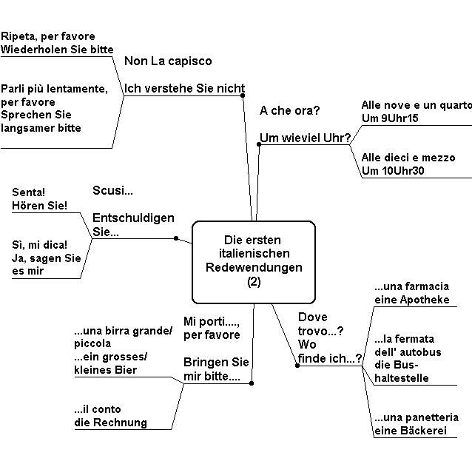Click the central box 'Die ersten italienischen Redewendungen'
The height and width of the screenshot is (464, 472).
[x=254, y=262]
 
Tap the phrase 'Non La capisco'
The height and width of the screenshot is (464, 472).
[x=168, y=61]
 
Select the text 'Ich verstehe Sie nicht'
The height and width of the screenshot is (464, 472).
[x=184, y=89]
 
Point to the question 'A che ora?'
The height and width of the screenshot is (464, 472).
[x=289, y=110]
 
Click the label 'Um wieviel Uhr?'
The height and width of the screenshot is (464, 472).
[x=306, y=138]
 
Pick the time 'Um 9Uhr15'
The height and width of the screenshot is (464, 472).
[x=390, y=118]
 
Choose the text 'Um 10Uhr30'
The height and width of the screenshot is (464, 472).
[x=393, y=171]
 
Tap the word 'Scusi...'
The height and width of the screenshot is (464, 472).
[x=112, y=190]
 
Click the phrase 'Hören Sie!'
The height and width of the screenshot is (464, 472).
[x=39, y=206]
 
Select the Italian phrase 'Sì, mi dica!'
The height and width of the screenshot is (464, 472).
[x=39, y=245]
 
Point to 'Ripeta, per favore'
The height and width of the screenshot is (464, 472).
[x=48, y=36]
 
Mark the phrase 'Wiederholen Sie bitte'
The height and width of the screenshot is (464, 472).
[x=57, y=50]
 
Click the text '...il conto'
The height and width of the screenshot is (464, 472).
[x=98, y=409]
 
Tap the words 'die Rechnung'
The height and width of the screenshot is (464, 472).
[x=110, y=423]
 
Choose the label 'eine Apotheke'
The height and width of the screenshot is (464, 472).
[x=412, y=300]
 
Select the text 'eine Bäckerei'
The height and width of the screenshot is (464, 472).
[x=411, y=431]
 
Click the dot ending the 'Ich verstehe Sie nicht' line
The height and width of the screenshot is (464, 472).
[x=243, y=95]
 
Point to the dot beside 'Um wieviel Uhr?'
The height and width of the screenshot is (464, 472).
[x=259, y=144]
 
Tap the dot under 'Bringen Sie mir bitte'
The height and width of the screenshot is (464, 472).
[x=252, y=383]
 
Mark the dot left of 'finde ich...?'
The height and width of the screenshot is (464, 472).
[x=297, y=366]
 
